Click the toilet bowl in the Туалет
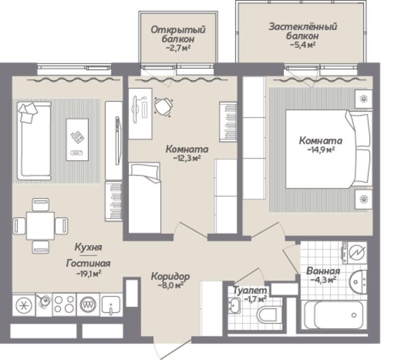[266, 315]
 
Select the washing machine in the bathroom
[355, 253]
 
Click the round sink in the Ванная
[358, 282]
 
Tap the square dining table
[40, 226]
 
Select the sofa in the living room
[34, 141]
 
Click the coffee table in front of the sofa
[78, 139]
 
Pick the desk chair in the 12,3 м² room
[164, 106]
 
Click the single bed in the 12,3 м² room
[144, 197]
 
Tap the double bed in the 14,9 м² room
[328, 149]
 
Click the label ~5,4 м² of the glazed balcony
[302, 45]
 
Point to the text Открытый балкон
[178, 34]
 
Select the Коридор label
[170, 276]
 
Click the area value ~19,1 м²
[89, 274]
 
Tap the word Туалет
[250, 290]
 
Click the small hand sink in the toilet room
[234, 305]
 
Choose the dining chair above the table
[41, 205]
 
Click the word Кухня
[89, 247]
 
